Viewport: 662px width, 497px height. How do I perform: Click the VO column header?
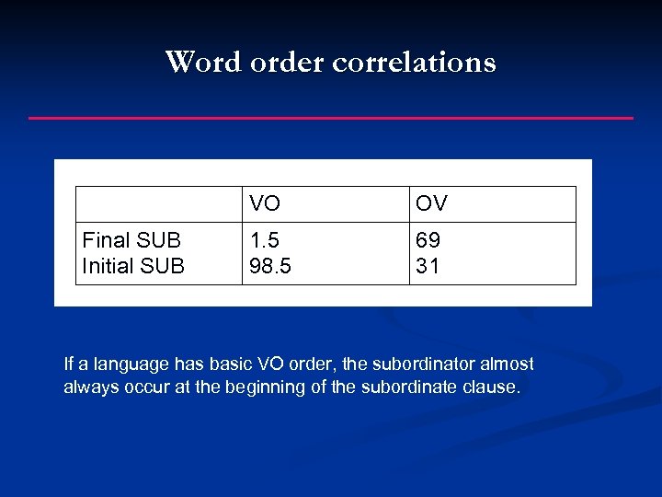[265, 204]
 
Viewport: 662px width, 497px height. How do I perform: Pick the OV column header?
[431, 204]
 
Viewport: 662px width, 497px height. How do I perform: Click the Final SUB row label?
[131, 241]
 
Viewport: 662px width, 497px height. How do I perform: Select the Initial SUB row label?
[133, 267]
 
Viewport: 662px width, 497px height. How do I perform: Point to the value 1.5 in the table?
[265, 241]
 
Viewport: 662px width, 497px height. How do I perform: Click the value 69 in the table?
[428, 241]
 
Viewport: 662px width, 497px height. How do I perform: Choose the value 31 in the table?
[428, 267]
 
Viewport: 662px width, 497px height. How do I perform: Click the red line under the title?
[331, 118]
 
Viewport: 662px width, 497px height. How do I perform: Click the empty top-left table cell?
[158, 204]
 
